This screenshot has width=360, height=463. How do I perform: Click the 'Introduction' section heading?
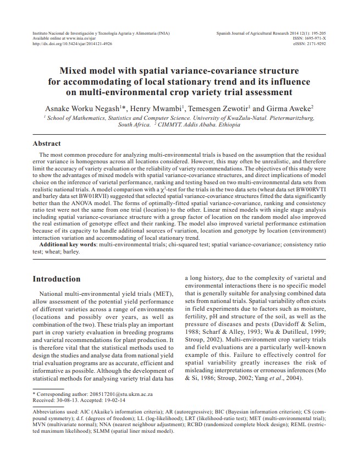(57, 279)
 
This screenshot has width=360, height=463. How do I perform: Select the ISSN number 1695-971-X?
(314, 38)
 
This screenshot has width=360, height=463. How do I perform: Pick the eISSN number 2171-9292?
(314, 43)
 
